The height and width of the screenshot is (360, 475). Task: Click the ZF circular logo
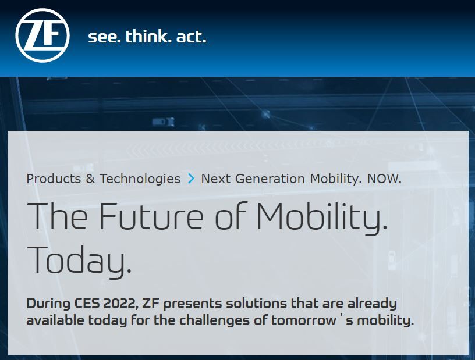(x=42, y=35)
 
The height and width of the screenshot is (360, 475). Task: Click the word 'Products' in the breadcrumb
(x=54, y=179)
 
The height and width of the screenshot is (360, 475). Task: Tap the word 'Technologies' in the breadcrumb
(x=140, y=179)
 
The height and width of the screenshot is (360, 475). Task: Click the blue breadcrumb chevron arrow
(x=191, y=179)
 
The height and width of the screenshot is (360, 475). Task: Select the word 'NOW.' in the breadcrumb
(x=384, y=179)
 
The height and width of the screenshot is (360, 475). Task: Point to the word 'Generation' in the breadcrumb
(x=270, y=179)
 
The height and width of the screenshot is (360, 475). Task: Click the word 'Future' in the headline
(x=151, y=216)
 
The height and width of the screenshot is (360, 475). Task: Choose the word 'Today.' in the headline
(x=79, y=262)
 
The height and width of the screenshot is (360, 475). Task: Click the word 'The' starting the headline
(x=57, y=215)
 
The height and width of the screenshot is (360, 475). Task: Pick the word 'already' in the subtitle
(x=372, y=304)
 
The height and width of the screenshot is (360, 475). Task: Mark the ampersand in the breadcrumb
(x=90, y=179)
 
